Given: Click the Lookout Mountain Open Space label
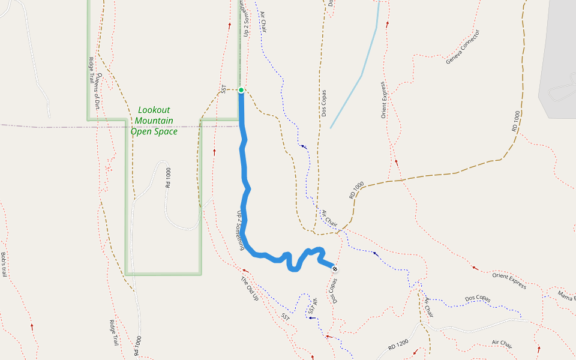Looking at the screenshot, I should [x=154, y=121].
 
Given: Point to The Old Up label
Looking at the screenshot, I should [x=249, y=289].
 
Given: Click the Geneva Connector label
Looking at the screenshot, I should [x=463, y=47].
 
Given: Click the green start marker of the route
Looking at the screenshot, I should [x=241, y=90].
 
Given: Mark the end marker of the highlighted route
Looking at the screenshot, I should [x=334, y=269].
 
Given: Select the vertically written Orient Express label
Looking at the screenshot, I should [x=383, y=100].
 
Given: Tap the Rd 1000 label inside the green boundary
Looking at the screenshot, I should [x=168, y=178].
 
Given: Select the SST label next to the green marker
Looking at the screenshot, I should [x=223, y=89].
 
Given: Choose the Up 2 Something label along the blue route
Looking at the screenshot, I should [x=241, y=230].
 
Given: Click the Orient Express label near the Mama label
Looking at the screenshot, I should [x=509, y=280].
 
